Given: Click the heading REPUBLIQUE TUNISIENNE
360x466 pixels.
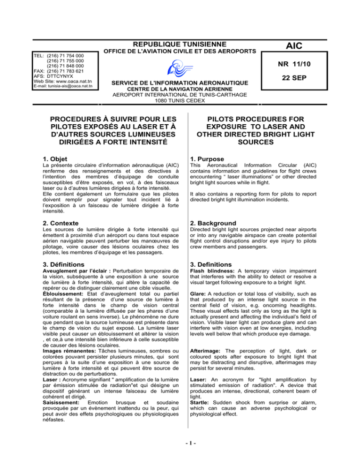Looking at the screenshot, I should [180, 43].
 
